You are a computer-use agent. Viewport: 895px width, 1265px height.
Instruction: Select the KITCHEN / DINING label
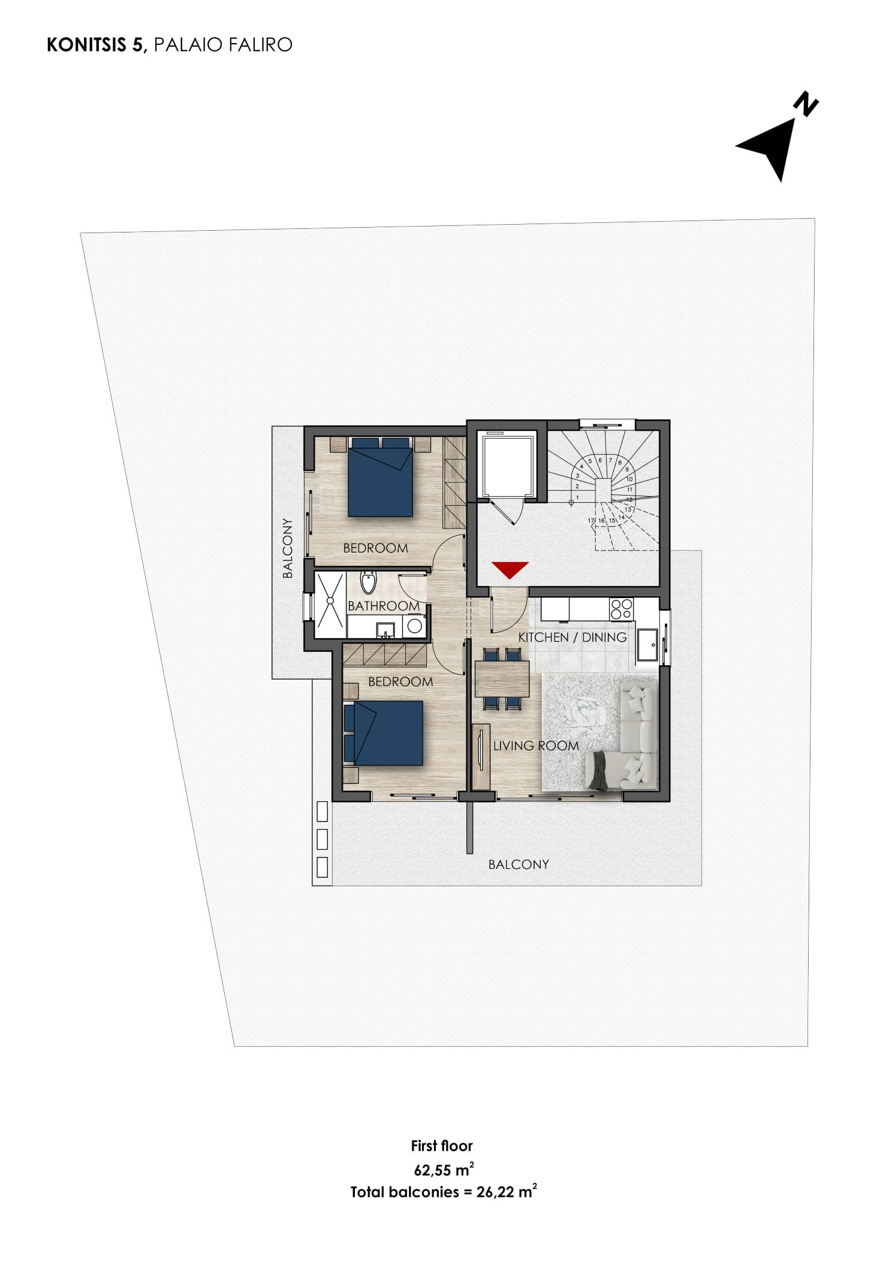pos(572,637)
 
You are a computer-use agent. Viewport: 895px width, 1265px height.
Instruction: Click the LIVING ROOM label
pos(536,745)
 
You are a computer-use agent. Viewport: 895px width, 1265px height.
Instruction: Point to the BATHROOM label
pos(384,606)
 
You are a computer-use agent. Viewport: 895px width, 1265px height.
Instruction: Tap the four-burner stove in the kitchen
pos(621,609)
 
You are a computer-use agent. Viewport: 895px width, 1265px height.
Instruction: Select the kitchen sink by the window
pos(647,645)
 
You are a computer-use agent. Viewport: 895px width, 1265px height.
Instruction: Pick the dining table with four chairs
pos(502,679)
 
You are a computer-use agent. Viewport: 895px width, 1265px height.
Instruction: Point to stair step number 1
pos(577,497)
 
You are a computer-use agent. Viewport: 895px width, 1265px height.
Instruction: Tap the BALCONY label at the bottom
pos(519,864)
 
